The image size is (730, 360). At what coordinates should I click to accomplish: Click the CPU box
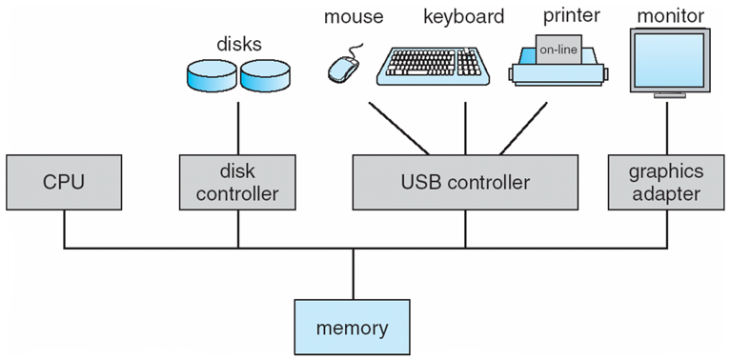pos(65,181)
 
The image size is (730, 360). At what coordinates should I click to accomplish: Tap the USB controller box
pos(466,181)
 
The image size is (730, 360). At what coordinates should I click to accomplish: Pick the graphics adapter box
pos(666,181)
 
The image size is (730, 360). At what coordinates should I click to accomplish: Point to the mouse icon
pos(343,67)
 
